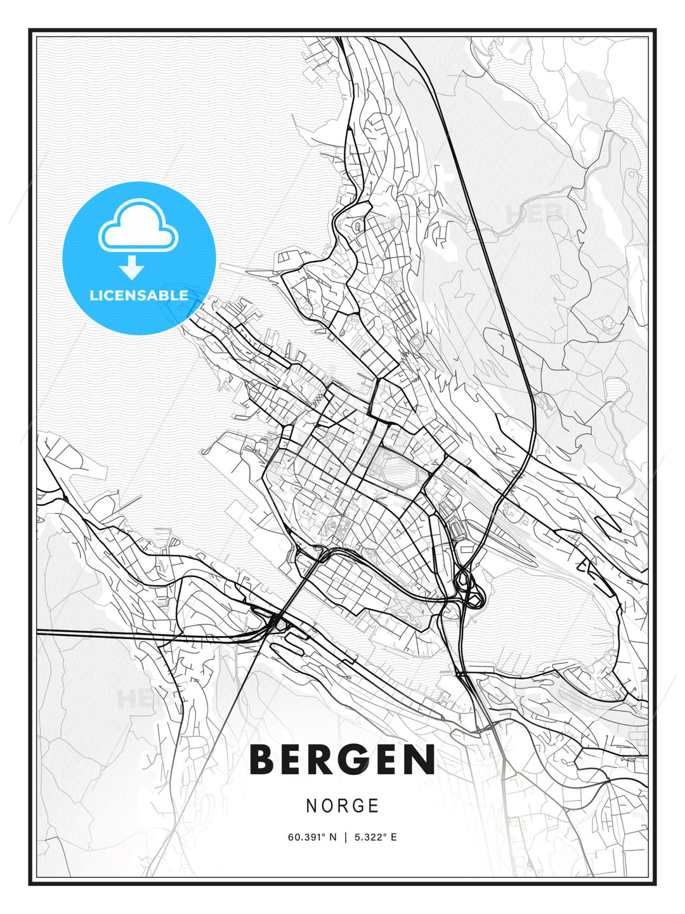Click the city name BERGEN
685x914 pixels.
(x=342, y=760)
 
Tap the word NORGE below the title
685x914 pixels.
(x=342, y=806)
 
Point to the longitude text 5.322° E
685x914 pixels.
(x=375, y=837)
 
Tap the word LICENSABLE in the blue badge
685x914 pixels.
(x=139, y=296)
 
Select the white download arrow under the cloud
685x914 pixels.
(x=132, y=268)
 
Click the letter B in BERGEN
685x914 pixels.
(x=266, y=760)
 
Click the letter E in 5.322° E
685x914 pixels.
(x=394, y=837)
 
